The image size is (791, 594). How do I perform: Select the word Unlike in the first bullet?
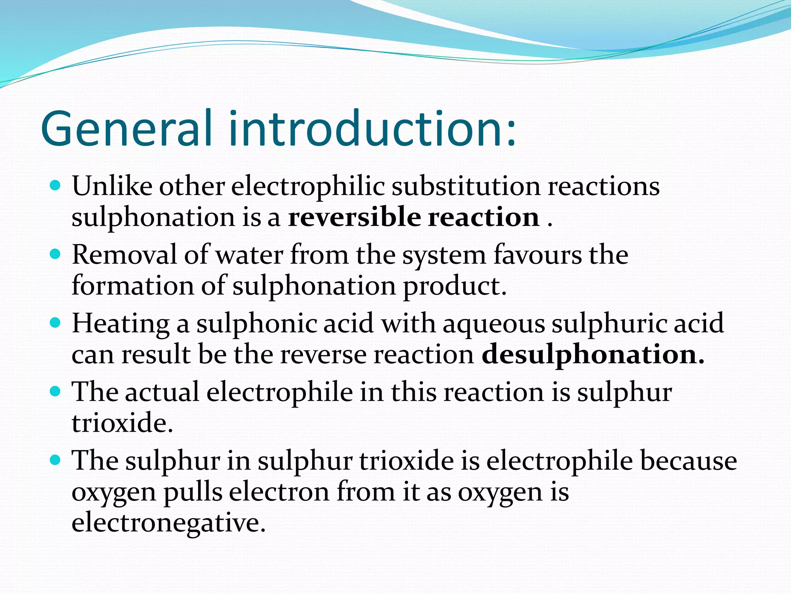tap(112, 186)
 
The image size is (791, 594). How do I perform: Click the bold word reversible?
tap(354, 217)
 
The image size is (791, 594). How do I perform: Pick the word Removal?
tap(124, 255)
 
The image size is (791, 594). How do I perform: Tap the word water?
tap(249, 255)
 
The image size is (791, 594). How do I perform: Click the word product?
tap(455, 286)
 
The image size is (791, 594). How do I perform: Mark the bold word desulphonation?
tap(593, 354)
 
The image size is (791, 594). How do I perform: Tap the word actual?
tap(162, 392)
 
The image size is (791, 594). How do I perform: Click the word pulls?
tap(193, 492)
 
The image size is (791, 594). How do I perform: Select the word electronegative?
tap(169, 522)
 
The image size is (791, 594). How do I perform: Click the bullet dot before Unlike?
tap(56, 186)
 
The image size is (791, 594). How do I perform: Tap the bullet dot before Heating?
tap(56, 323)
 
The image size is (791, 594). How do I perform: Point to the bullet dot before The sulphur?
tap(56, 460)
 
